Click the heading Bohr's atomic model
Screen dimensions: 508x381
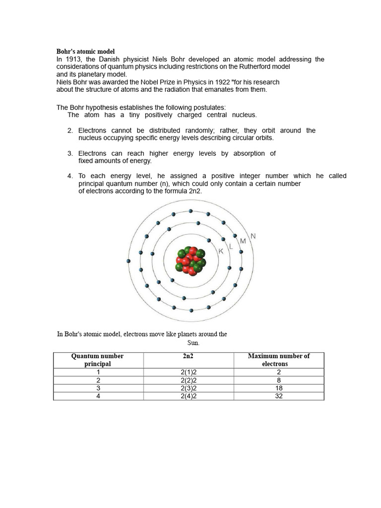pos(85,52)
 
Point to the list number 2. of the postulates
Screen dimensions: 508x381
pos(70,130)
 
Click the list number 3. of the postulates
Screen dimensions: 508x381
pos(70,154)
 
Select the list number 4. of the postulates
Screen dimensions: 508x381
pos(70,176)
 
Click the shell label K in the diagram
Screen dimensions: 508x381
pos(221,252)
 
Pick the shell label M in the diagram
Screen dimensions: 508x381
pos(243,241)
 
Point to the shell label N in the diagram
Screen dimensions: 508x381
pos(254,236)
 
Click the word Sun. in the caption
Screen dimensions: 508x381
pos(193,343)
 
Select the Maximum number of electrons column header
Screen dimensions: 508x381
pos(278,360)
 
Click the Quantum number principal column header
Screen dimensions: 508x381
pos(98,360)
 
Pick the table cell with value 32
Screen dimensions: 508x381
pos(278,396)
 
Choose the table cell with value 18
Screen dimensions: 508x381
pos(278,388)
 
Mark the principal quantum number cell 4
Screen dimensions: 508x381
pos(98,396)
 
